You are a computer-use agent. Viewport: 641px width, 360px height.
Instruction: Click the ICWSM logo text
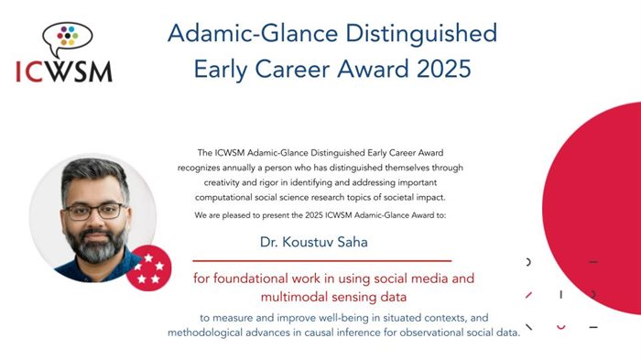point(64,70)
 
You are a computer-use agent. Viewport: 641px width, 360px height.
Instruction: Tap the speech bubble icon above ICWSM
point(67,38)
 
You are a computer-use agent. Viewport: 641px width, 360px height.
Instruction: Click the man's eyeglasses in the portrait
point(94,210)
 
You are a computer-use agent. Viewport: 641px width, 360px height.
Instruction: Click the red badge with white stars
point(149,269)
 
